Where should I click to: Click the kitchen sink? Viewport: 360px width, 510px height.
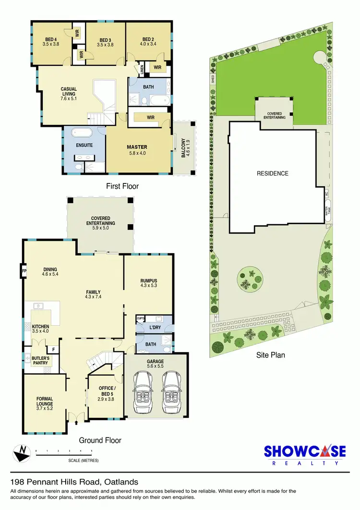coord(36,306)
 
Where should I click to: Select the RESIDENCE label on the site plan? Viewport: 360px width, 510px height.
coord(272,173)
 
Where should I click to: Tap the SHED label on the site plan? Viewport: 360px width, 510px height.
coord(212,79)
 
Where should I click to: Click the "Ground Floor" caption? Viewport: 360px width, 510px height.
coord(100,440)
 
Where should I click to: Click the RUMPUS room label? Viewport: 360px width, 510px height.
coord(149,283)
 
